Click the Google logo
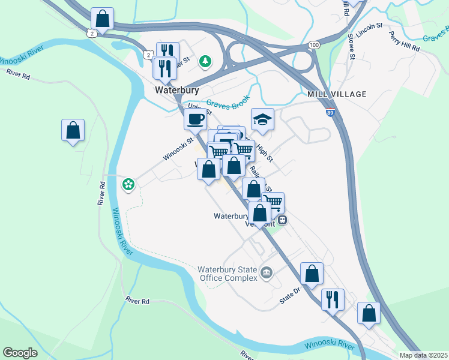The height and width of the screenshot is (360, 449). (20, 353)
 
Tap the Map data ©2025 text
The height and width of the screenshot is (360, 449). (423, 355)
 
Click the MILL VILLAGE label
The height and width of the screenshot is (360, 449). (336, 94)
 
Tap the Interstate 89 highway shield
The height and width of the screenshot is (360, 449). (331, 112)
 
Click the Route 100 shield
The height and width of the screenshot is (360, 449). (315, 45)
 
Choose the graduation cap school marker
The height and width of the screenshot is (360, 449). (262, 119)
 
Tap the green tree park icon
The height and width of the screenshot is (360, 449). (205, 61)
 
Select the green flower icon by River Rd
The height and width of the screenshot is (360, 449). (128, 184)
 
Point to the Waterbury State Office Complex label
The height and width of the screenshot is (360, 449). (228, 273)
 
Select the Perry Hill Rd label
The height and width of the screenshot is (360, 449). (403, 43)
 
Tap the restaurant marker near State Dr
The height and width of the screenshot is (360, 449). (332, 298)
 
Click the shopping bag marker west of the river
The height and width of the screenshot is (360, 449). (73, 130)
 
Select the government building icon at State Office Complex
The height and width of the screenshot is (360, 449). (267, 274)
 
